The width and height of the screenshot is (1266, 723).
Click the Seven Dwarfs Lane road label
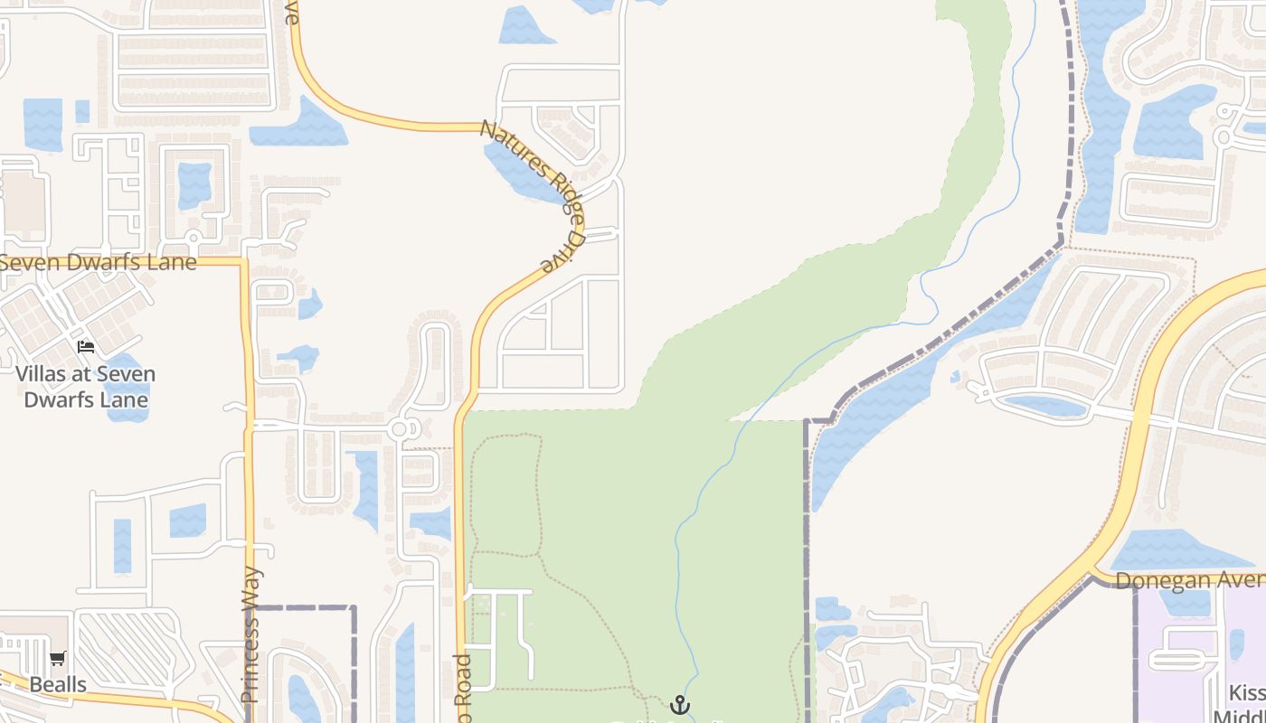point(98,263)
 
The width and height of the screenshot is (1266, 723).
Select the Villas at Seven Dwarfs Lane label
point(85,387)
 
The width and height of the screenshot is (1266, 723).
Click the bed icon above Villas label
point(86,346)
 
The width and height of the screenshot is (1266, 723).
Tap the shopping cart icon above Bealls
point(58,659)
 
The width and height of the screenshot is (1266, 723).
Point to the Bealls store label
point(58,684)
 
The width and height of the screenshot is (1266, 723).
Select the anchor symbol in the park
point(679,704)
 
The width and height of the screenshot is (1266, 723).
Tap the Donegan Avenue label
point(1189,579)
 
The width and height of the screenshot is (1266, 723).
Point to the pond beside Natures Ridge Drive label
point(520,172)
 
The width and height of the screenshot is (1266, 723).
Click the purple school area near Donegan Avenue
point(1185,651)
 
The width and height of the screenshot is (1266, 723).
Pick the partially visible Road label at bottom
point(462,687)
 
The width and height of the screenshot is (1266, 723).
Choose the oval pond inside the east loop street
point(1044,407)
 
